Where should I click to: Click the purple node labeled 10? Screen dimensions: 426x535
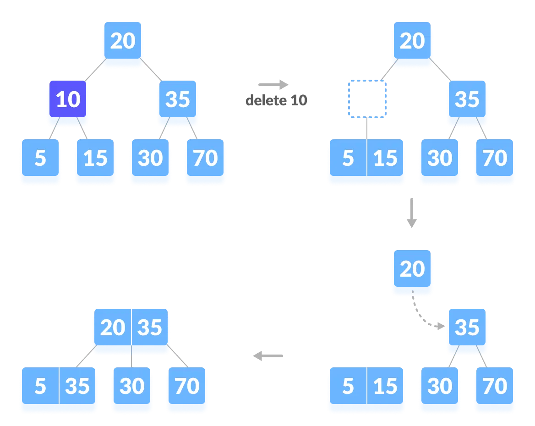[68, 99]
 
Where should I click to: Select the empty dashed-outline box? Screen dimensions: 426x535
[367, 99]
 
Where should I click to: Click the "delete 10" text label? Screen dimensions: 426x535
[276, 100]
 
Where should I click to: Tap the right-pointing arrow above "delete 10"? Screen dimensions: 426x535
[273, 85]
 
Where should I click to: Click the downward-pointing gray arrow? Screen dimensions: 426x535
[412, 213]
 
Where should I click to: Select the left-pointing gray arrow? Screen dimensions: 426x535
[268, 355]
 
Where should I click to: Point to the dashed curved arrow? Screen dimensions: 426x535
[424, 316]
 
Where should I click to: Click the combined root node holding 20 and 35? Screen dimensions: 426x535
[131, 328]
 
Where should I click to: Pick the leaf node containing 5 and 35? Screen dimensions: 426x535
[59, 387]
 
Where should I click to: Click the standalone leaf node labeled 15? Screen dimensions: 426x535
[95, 158]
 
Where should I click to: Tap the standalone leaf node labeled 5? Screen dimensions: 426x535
[40, 158]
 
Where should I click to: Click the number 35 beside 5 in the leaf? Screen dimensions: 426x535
[77, 387]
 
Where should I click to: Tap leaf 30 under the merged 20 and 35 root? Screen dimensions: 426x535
[132, 387]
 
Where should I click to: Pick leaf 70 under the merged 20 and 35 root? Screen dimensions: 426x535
[187, 387]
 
